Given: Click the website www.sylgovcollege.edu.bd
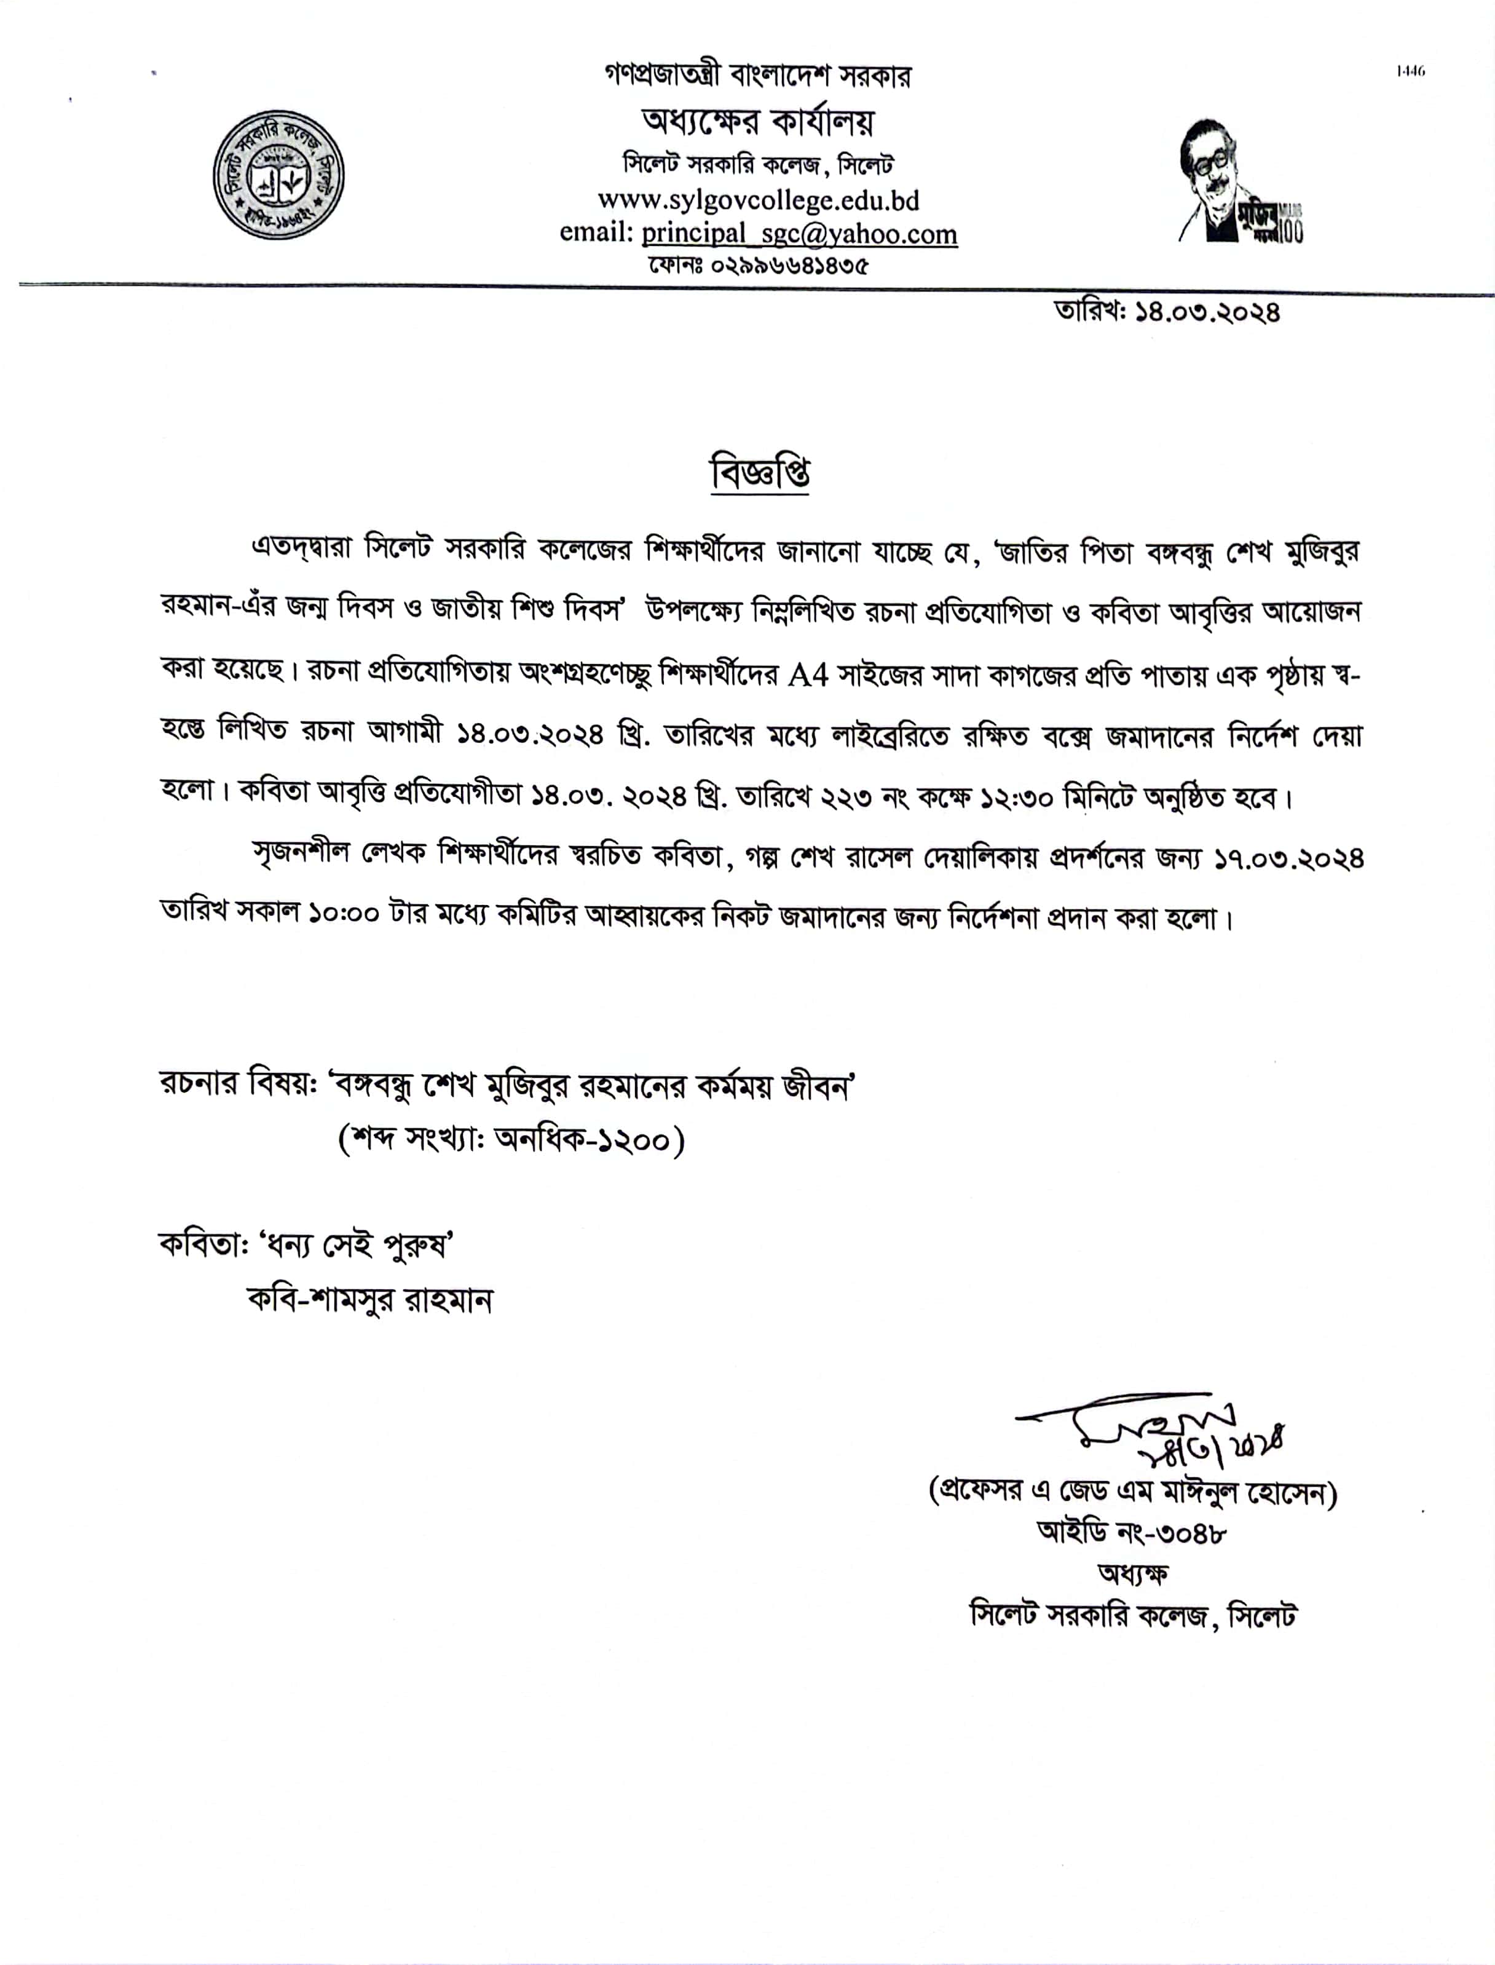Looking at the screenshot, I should pos(758,200).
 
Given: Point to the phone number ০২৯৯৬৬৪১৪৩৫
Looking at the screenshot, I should pos(789,265).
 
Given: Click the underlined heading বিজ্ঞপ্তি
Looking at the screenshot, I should pos(759,473).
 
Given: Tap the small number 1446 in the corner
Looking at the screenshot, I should pos(1410,71).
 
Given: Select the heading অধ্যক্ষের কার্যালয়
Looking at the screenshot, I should pos(758,122).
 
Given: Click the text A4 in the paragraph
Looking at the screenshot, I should pos(808,674).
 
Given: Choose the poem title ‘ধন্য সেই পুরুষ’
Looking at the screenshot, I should pos(357,1245).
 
